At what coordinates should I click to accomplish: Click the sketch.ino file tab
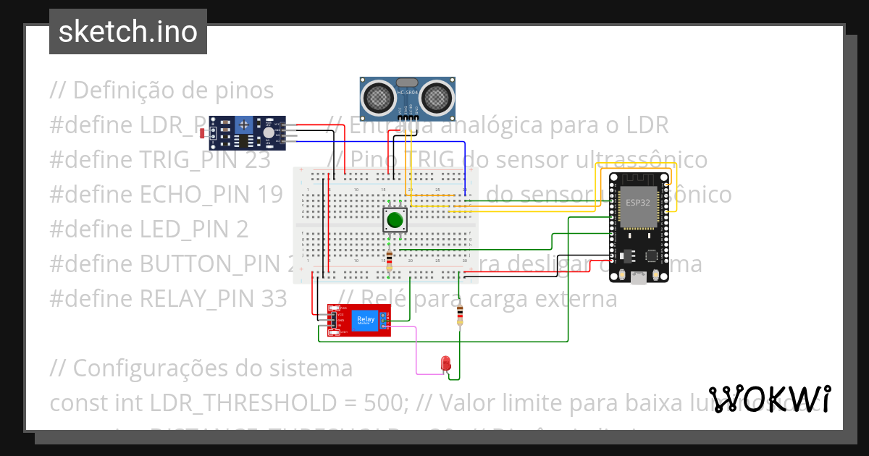(x=127, y=32)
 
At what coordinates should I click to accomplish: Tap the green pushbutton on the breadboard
(x=395, y=220)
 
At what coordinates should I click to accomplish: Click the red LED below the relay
(x=446, y=363)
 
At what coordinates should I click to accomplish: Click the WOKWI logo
(x=769, y=399)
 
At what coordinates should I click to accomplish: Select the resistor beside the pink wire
(x=460, y=316)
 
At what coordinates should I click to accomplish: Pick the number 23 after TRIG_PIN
(x=256, y=160)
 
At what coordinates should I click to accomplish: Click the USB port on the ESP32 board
(x=639, y=278)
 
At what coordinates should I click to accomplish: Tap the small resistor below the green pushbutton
(x=390, y=258)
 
